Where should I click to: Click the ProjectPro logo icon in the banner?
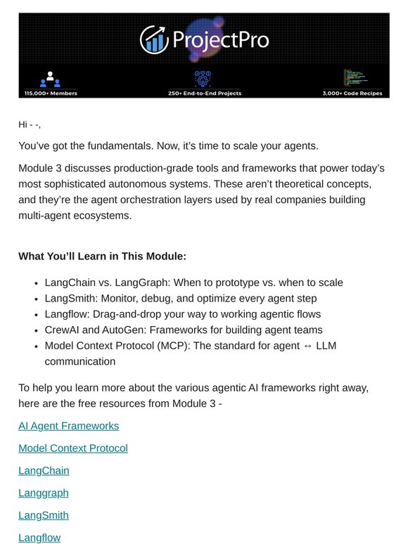(153, 39)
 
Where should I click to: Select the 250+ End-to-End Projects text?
(204, 93)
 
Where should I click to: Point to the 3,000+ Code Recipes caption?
(357, 93)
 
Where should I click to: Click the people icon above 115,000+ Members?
(50, 79)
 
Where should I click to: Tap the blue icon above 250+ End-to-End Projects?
(203, 78)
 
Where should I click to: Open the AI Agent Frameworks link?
(68, 426)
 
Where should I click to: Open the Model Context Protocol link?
(73, 448)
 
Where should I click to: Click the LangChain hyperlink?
(44, 471)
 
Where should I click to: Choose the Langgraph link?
(44, 493)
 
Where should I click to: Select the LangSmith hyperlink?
(44, 515)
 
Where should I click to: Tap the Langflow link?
(39, 538)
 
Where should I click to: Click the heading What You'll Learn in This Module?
(103, 257)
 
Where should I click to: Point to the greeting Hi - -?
(30, 125)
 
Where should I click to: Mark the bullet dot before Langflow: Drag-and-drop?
(36, 314)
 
